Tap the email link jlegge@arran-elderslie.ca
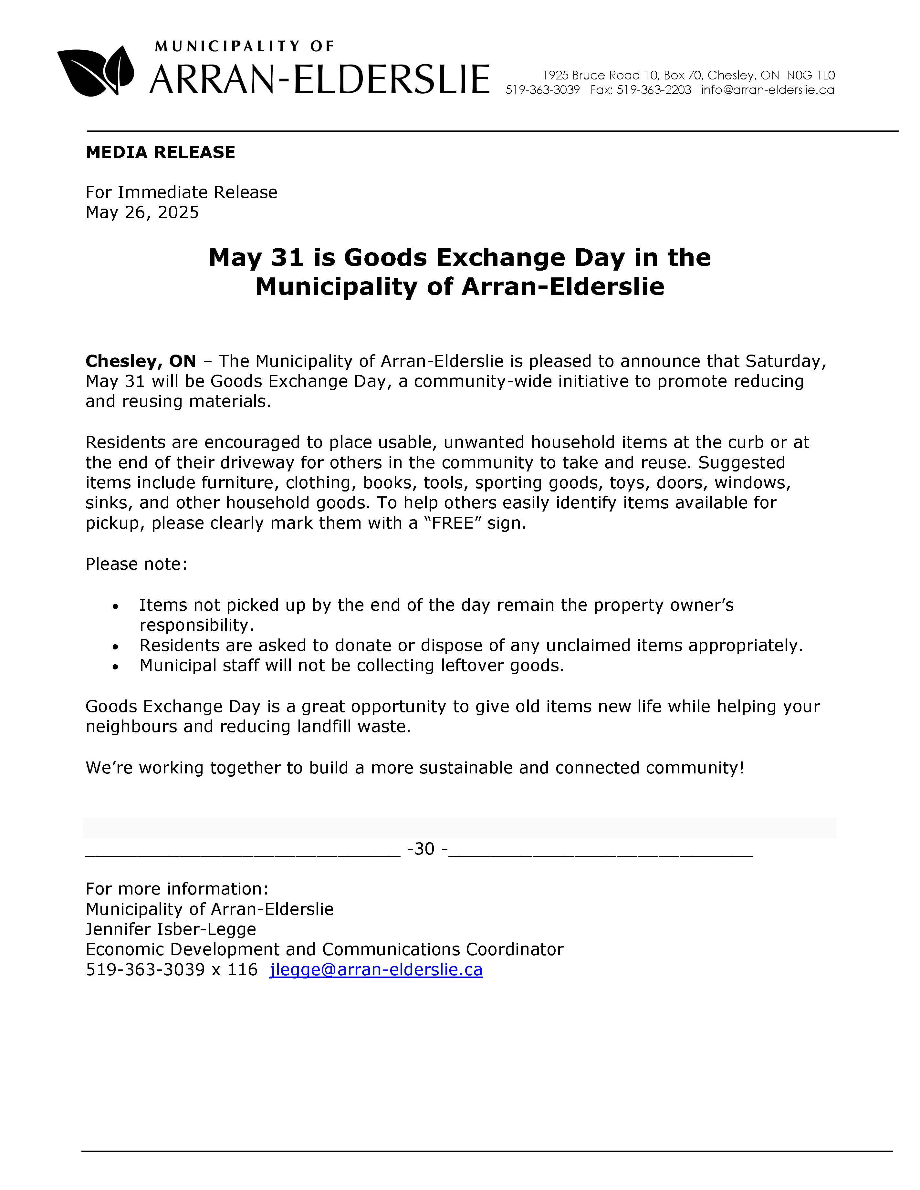click(375, 969)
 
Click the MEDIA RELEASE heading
click(160, 152)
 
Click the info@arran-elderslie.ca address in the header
click(768, 90)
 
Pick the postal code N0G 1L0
click(810, 75)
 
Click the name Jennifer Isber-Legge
click(171, 929)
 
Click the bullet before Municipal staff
click(115, 667)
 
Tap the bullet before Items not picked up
click(115, 606)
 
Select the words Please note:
click(136, 564)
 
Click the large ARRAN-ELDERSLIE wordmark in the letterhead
click(319, 79)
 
